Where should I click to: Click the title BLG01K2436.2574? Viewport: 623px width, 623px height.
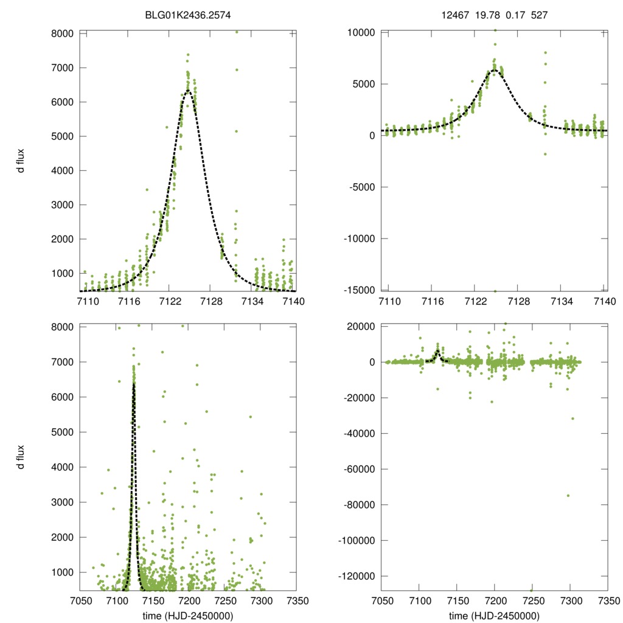[188, 15]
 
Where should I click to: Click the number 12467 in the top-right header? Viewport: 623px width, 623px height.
[455, 15]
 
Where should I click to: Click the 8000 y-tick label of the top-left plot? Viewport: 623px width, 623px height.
[62, 33]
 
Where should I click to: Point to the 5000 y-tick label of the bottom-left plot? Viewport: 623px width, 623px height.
[62, 432]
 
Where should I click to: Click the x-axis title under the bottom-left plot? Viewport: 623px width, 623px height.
[188, 615]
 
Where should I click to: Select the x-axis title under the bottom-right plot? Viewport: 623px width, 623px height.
[495, 615]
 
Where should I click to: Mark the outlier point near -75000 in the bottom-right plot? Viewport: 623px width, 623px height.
[568, 495]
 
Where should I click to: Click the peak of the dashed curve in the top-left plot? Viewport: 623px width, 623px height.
[188, 91]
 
